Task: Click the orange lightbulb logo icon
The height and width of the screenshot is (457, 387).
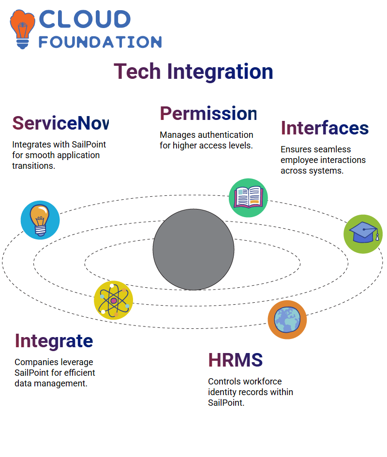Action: pos(22,29)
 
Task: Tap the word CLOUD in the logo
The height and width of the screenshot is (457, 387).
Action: pos(85,19)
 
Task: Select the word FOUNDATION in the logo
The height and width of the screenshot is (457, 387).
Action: pos(100,42)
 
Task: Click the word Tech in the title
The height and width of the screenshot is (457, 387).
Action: pos(137,72)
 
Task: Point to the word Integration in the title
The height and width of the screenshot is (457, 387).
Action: pos(220,72)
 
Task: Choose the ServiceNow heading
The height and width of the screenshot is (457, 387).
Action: pos(60,123)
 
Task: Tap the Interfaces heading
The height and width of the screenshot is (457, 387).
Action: pos(325,128)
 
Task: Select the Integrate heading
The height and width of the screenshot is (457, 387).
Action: pos(54,341)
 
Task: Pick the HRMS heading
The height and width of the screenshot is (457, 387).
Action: pos(236,360)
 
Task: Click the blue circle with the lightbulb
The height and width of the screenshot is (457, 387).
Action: pos(40,220)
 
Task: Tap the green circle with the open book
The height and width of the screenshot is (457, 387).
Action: pos(248,198)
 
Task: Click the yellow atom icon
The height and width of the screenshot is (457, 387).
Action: pos(114,300)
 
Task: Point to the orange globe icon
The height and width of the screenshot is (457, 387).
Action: pos(287,320)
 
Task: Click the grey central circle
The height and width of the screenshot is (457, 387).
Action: pos(193,250)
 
